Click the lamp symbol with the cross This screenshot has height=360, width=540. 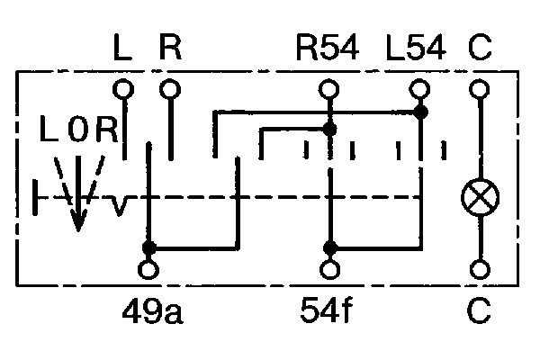click(477, 196)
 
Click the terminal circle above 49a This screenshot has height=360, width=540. click(148, 269)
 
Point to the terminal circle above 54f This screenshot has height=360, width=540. click(330, 269)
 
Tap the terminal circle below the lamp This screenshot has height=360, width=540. click(479, 269)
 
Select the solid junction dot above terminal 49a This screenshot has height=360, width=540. click(148, 247)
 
